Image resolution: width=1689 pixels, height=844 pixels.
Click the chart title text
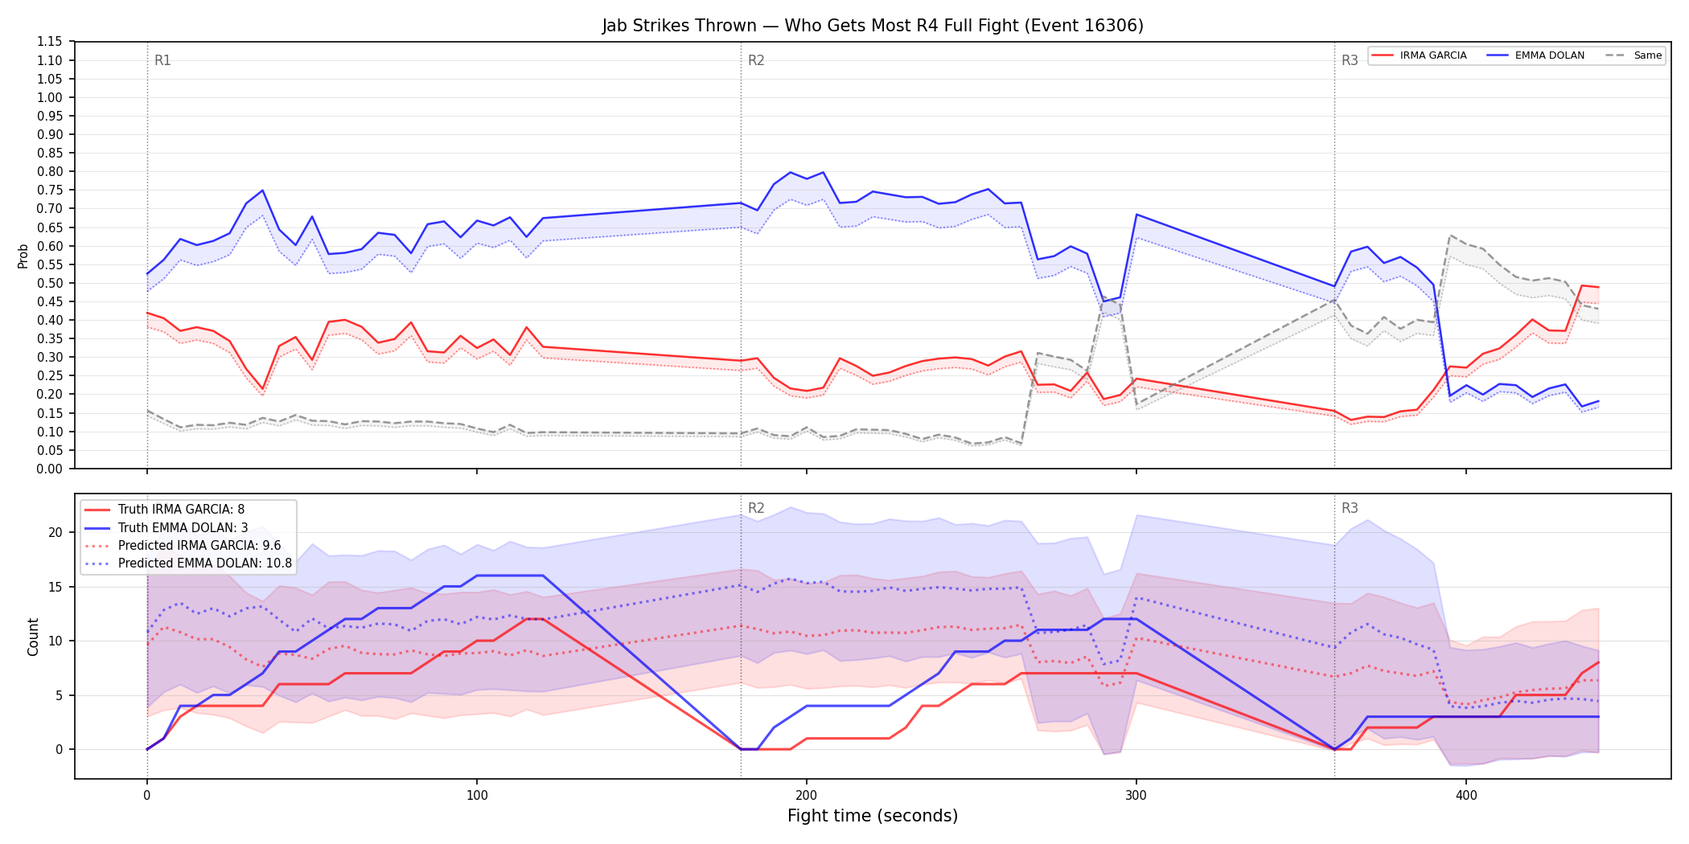click(x=873, y=26)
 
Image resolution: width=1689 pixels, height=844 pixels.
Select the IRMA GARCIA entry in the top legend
click(x=1420, y=55)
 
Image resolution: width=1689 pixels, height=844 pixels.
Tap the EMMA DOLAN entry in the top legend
click(x=1536, y=55)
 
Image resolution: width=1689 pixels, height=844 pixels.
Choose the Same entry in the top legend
click(x=1634, y=55)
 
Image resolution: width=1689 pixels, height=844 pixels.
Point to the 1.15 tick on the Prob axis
click(x=50, y=42)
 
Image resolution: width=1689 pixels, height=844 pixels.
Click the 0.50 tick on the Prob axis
click(x=50, y=283)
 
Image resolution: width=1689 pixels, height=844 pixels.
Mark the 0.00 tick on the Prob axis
click(x=50, y=469)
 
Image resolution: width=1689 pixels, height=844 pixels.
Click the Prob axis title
click(x=23, y=256)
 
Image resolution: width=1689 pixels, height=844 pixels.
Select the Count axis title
click(x=33, y=637)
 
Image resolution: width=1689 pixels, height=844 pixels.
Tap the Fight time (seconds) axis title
click(x=873, y=816)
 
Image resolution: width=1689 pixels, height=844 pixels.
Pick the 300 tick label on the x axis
click(x=1136, y=796)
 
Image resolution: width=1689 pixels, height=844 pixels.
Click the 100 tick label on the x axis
click(x=477, y=796)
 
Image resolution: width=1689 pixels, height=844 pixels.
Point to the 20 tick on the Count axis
click(x=55, y=532)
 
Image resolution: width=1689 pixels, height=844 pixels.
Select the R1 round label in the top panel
click(x=162, y=60)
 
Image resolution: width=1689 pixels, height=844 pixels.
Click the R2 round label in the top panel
click(x=756, y=60)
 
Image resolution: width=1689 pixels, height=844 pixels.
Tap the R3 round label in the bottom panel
click(x=1350, y=508)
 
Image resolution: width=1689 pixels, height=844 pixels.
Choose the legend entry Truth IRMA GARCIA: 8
click(x=181, y=510)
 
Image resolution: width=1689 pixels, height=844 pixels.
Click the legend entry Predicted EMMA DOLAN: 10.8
click(x=189, y=563)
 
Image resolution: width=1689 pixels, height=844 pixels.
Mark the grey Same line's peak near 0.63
click(x=1450, y=236)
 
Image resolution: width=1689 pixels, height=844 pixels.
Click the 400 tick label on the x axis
click(x=1466, y=796)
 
